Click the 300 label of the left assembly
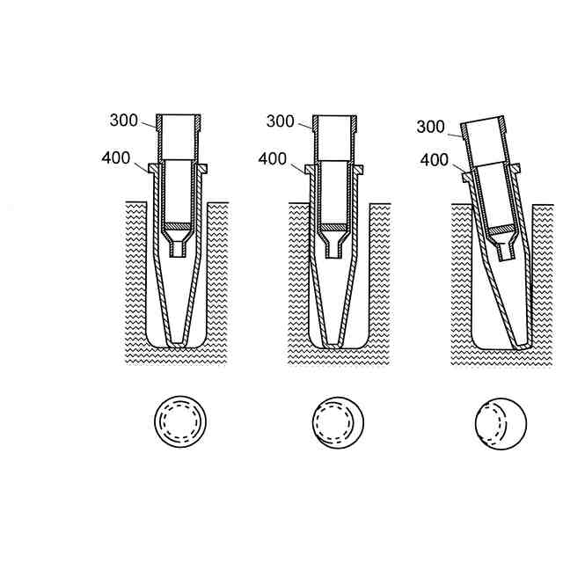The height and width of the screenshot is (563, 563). point(124,121)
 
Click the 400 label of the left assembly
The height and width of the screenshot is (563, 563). point(116,158)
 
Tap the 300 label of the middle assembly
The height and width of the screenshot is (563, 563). point(281,121)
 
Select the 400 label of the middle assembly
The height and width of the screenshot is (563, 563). point(273,159)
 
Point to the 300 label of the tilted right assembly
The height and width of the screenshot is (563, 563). point(430,127)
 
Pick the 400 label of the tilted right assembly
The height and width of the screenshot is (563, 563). point(435,160)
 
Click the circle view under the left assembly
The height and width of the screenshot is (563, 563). point(180,421)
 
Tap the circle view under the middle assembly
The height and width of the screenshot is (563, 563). point(338,422)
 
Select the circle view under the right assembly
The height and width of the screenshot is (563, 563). point(501,423)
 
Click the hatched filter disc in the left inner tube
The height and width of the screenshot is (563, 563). point(178,226)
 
